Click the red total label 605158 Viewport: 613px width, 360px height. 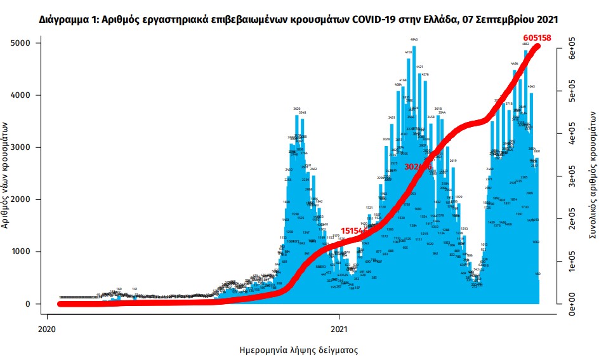click(537, 37)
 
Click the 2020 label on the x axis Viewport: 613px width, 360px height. click(46, 329)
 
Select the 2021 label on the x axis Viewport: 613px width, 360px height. click(339, 329)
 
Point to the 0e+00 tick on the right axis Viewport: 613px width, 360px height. click(571, 303)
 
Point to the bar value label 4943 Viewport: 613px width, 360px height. click(414, 39)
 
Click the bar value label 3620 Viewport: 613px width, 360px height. click(296, 109)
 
